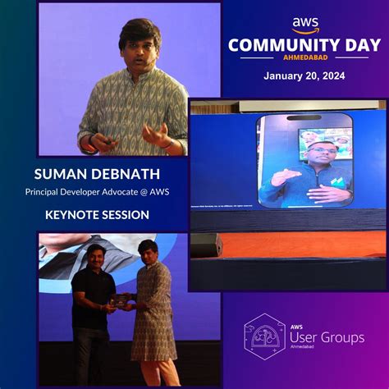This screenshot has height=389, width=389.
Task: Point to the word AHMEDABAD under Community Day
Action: click(305, 59)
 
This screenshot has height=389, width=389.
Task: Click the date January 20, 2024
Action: click(304, 76)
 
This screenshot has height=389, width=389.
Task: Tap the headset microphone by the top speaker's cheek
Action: click(153, 59)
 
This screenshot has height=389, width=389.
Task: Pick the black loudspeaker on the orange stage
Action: click(207, 245)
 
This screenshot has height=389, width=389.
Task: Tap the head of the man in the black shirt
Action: click(97, 255)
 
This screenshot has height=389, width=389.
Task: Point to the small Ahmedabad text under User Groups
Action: click(305, 350)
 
